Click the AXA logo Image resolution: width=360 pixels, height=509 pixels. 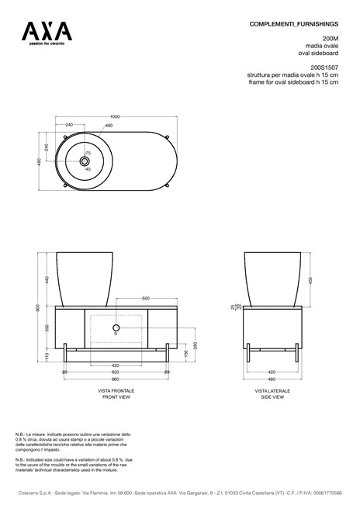click(x=47, y=32)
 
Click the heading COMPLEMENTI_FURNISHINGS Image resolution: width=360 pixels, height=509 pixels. click(x=294, y=24)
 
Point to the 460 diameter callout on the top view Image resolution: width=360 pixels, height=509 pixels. click(x=109, y=126)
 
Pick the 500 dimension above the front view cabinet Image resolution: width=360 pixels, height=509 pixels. click(x=145, y=299)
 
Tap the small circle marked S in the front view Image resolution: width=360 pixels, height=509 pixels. click(x=117, y=328)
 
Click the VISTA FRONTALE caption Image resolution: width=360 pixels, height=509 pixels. click(x=116, y=390)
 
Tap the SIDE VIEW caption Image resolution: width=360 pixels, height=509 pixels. click(x=272, y=396)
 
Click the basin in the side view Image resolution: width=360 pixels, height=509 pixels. click(x=272, y=278)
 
